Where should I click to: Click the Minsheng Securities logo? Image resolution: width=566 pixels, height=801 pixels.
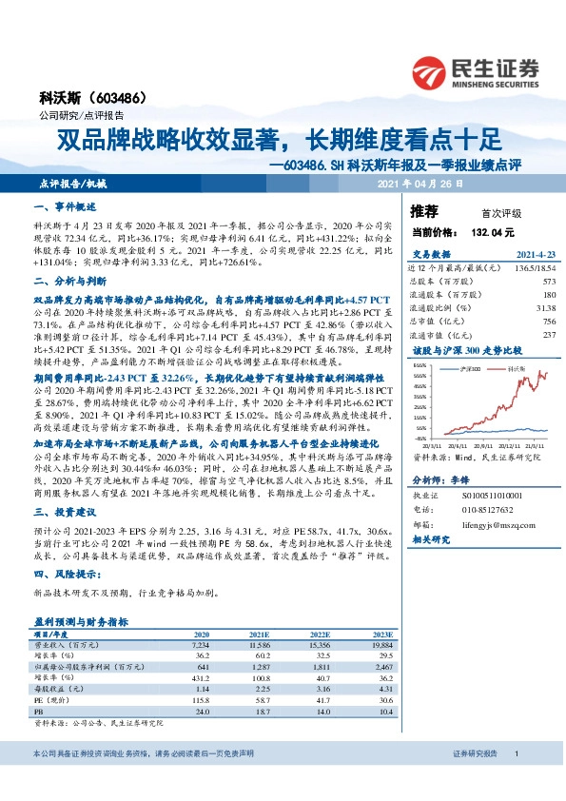(475, 70)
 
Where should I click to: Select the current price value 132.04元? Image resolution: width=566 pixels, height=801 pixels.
(492, 231)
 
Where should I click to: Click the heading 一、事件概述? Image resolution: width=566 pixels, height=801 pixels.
(65, 206)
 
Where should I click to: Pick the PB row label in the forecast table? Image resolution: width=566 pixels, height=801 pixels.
(40, 712)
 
